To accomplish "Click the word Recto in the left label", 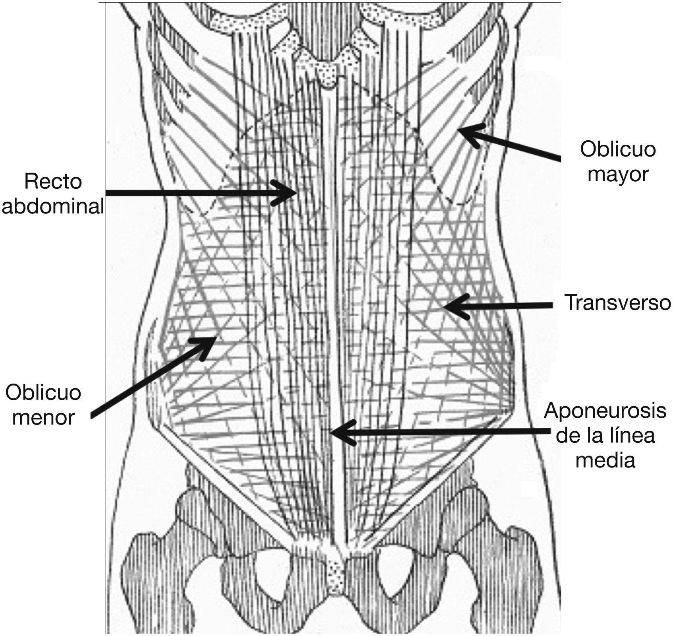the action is pos(52,182).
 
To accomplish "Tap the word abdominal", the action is pos(52,207).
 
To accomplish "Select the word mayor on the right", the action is pos(617,175).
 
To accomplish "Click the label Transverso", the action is pos(617,303).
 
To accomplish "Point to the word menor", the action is pos(43,417).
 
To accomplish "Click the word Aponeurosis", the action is pos(605,410).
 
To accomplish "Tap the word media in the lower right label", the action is pos(605,460).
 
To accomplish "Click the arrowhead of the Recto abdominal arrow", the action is pos(292,193).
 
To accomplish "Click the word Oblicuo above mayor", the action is pos(617,150).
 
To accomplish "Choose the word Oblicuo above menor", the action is pos(43,393).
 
